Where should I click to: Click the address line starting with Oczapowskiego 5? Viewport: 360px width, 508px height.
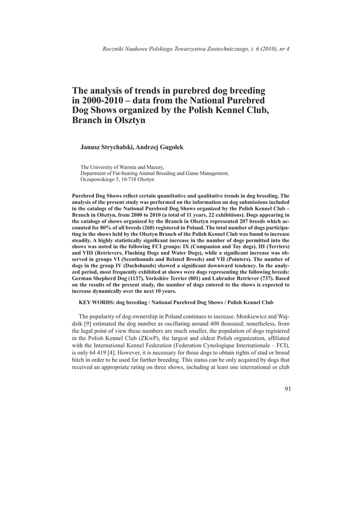(117, 180)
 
